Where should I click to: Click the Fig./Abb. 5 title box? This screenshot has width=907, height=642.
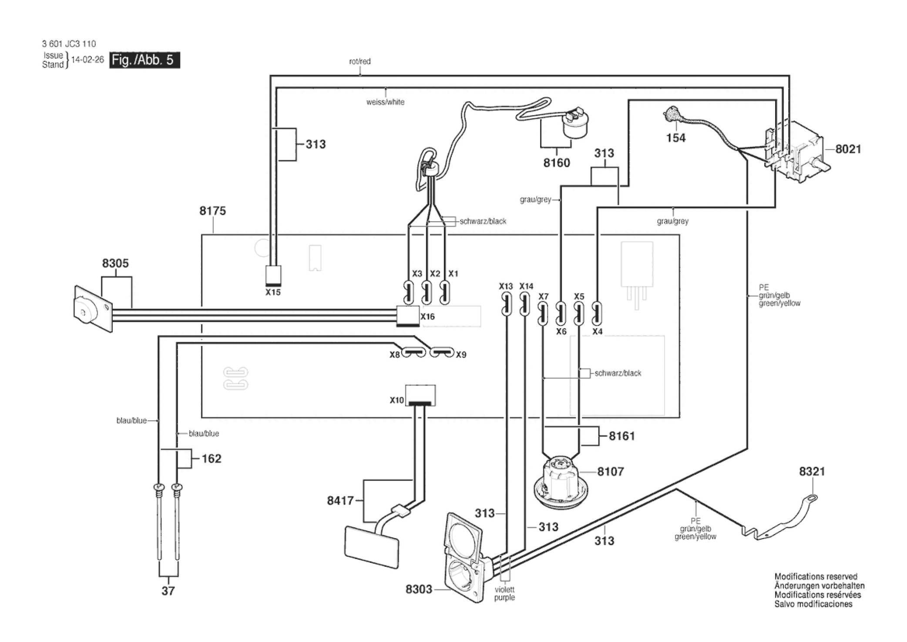click(x=144, y=60)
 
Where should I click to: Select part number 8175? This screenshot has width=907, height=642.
click(x=212, y=211)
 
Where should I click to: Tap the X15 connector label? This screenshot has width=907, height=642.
click(x=273, y=292)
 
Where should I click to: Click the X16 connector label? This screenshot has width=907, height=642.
click(x=427, y=316)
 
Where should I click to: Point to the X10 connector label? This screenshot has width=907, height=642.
click(x=397, y=400)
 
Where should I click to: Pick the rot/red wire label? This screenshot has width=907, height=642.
click(x=360, y=61)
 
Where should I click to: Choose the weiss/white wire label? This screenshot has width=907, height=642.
click(x=385, y=102)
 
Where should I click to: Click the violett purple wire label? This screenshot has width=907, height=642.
click(x=504, y=593)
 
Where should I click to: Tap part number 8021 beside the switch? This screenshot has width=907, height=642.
click(x=848, y=149)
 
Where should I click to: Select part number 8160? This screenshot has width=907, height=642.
click(x=557, y=163)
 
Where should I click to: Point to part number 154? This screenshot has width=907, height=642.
click(x=676, y=138)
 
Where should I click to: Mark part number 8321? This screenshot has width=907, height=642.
click(x=812, y=471)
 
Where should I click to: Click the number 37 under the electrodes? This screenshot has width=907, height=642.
click(x=168, y=591)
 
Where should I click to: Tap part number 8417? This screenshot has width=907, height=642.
click(x=340, y=500)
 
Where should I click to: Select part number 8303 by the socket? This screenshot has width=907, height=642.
click(x=419, y=589)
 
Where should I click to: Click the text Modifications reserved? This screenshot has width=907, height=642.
click(x=816, y=576)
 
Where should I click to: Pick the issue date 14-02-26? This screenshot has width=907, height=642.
click(x=87, y=60)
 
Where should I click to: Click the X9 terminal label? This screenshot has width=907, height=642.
click(x=461, y=355)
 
